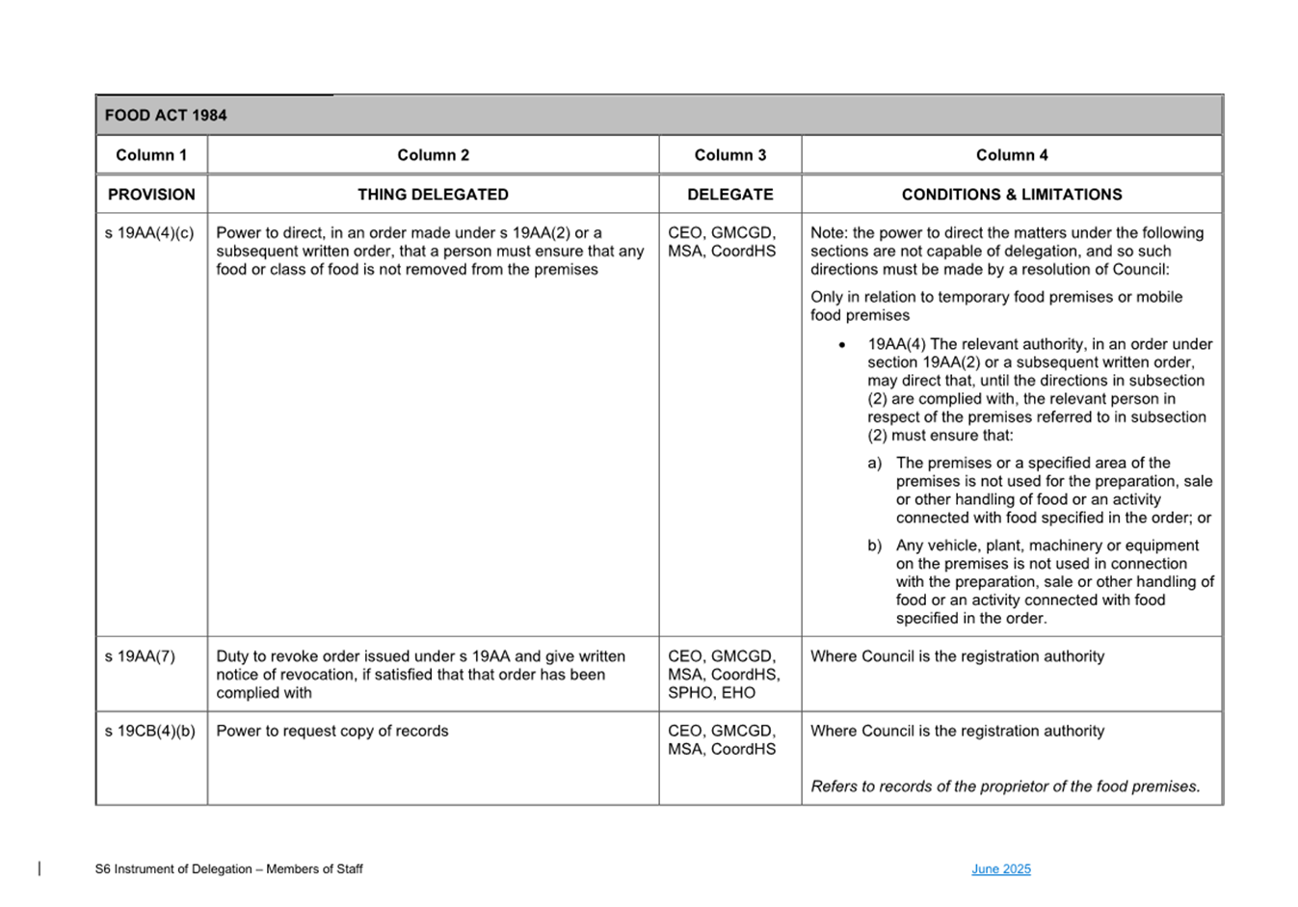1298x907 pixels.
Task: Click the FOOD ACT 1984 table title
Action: (x=166, y=116)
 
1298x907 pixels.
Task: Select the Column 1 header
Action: (x=151, y=155)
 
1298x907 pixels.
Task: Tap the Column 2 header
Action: (x=433, y=155)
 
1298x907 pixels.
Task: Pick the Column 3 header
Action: (x=729, y=155)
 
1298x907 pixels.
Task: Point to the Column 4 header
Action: (x=1011, y=155)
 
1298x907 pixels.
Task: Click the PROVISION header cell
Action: (x=151, y=195)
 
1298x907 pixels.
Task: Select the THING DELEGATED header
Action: (x=433, y=195)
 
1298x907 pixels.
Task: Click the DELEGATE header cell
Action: (x=729, y=195)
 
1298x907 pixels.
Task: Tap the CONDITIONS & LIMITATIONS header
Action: (x=1011, y=195)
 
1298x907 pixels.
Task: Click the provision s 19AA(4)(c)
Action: (x=149, y=233)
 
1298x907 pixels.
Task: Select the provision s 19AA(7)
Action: (x=140, y=656)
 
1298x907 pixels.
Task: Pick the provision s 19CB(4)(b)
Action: (x=149, y=732)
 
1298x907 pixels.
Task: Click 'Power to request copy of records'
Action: (x=332, y=732)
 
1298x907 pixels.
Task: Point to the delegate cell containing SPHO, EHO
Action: (x=724, y=675)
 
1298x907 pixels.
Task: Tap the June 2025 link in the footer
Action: (x=1000, y=869)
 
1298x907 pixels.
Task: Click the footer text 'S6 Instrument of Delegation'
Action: (x=228, y=869)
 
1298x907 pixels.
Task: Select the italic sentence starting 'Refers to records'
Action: (x=1005, y=787)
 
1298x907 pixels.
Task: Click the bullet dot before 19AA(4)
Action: (x=842, y=345)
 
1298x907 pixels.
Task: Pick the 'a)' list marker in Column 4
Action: (x=874, y=464)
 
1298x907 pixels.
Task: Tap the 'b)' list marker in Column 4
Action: (x=874, y=546)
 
